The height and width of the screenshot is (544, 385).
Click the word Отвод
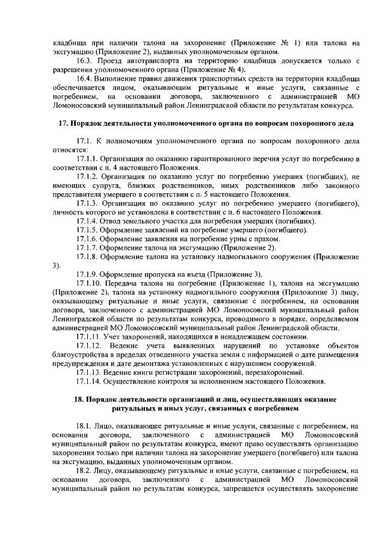(x=112, y=221)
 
